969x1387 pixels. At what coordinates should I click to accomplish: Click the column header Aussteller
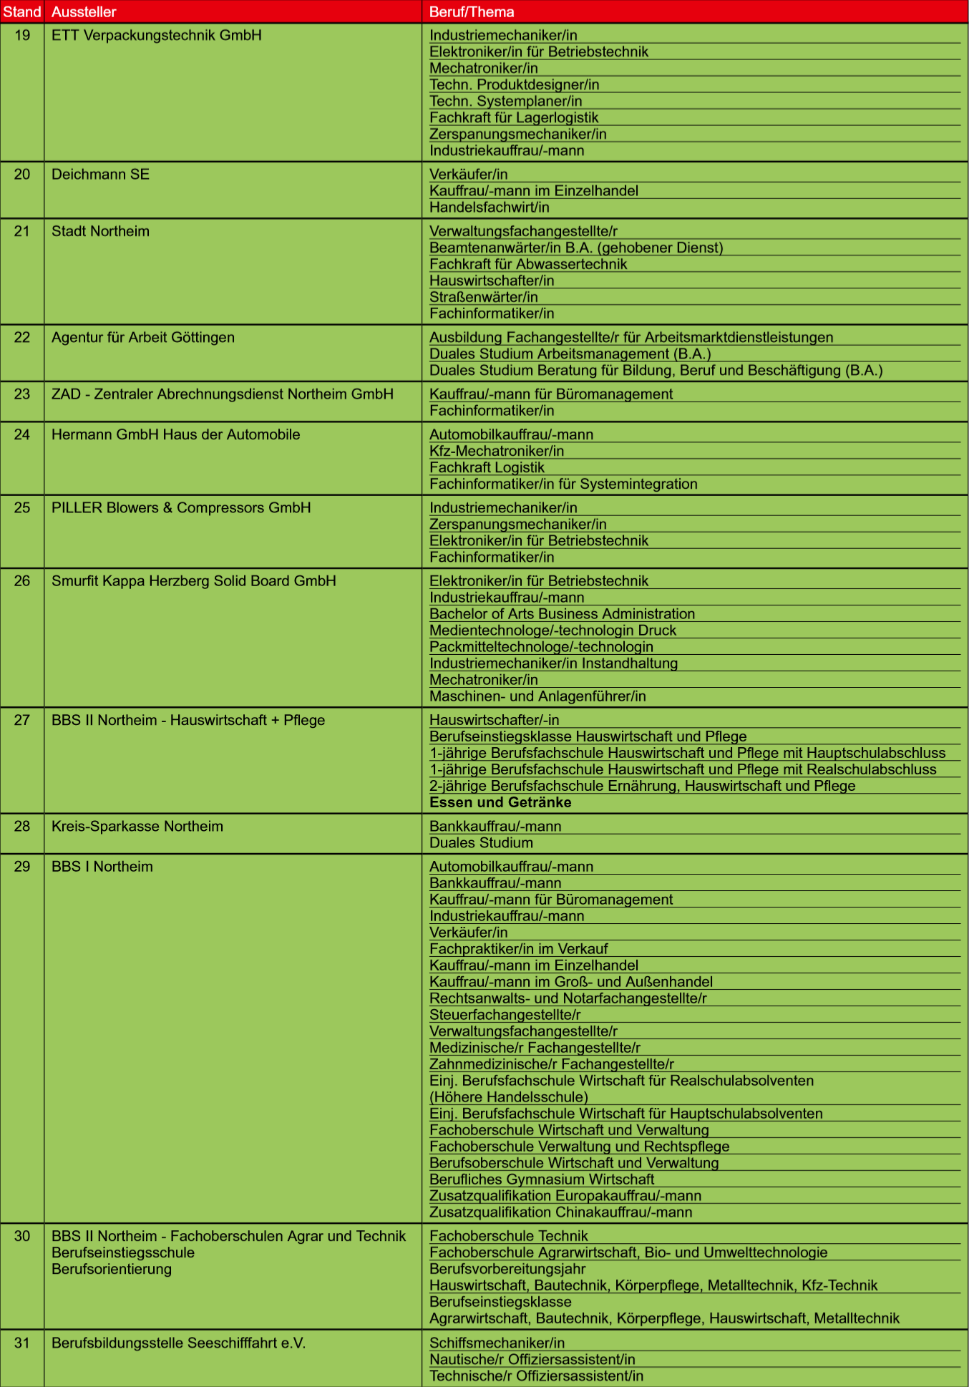[x=84, y=12]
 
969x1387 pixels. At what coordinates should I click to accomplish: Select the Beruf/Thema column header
[x=472, y=12]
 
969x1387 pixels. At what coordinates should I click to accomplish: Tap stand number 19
[x=22, y=35]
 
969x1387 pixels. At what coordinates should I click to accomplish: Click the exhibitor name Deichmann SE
[x=100, y=175]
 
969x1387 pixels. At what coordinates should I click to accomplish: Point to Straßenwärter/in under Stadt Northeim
[x=484, y=297]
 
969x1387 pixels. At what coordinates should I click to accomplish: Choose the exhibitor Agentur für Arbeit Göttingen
[x=143, y=337]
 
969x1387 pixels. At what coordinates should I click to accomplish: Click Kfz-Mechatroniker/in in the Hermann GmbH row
[x=497, y=451]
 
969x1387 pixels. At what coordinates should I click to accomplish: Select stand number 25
[x=22, y=507]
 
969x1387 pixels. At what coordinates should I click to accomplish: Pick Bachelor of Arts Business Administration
[x=562, y=614]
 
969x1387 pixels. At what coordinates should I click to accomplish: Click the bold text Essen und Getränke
[x=500, y=802]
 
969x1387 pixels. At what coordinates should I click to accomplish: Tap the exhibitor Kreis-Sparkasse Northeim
[x=137, y=826]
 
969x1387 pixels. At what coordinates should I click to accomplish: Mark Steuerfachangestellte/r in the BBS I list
[x=505, y=1015]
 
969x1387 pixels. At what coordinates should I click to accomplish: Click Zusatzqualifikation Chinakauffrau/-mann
[x=560, y=1212]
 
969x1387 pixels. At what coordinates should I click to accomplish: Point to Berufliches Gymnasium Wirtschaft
[x=542, y=1179]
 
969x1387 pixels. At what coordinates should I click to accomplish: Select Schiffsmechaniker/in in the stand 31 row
[x=497, y=1343]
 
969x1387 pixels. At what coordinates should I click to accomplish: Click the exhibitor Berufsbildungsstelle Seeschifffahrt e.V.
[x=178, y=1343]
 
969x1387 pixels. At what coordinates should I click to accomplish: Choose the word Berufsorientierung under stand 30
[x=112, y=1269]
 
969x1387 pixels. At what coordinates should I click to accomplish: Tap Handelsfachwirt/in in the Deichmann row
[x=490, y=208]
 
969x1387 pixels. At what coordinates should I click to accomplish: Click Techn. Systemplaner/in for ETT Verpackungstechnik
[x=505, y=101]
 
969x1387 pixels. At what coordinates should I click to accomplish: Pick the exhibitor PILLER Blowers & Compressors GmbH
[x=181, y=507]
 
